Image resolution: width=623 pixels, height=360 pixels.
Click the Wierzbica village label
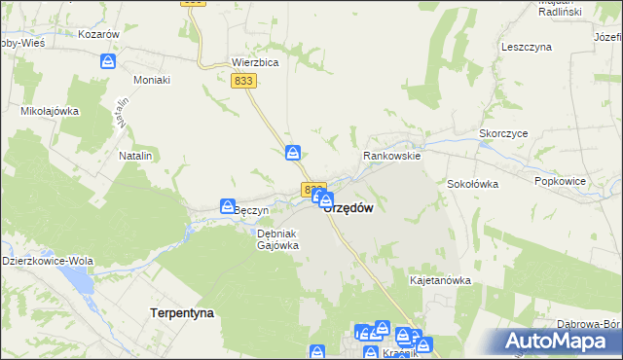pyautogui.click(x=256, y=62)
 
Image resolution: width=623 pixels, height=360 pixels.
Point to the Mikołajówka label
pyautogui.click(x=50, y=111)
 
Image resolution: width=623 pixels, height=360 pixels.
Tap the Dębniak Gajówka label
pyautogui.click(x=276, y=239)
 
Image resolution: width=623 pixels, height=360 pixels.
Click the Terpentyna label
pyautogui.click(x=182, y=312)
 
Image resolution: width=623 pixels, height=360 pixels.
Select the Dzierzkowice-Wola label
pyautogui.click(x=47, y=261)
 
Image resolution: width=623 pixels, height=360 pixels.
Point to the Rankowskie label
pyautogui.click(x=391, y=156)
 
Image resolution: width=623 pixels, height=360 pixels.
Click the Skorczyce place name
pyautogui.click(x=503, y=134)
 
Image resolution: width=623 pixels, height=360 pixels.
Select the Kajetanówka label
pyautogui.click(x=440, y=280)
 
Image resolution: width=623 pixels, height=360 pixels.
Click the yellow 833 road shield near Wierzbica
pyautogui.click(x=244, y=83)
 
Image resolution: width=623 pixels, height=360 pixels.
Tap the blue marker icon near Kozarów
pyautogui.click(x=108, y=61)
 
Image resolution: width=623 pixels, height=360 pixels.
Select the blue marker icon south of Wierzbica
pyautogui.click(x=293, y=152)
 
